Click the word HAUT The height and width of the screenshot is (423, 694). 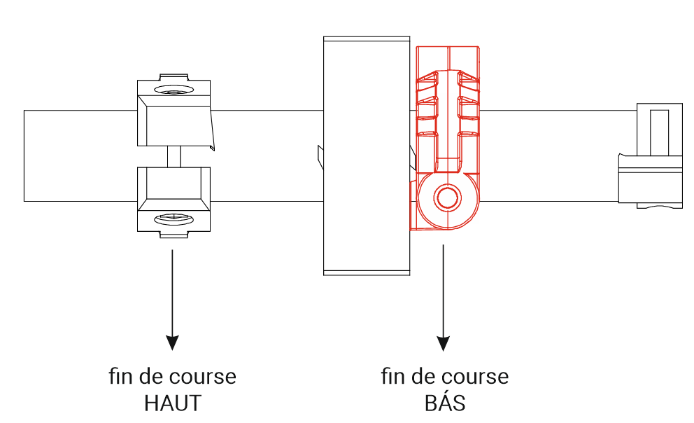(x=173, y=403)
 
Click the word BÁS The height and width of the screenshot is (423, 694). (x=444, y=403)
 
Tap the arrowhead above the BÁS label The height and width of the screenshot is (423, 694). (x=443, y=341)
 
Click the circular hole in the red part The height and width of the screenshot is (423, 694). (x=445, y=197)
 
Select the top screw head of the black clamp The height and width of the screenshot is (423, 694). (x=173, y=91)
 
